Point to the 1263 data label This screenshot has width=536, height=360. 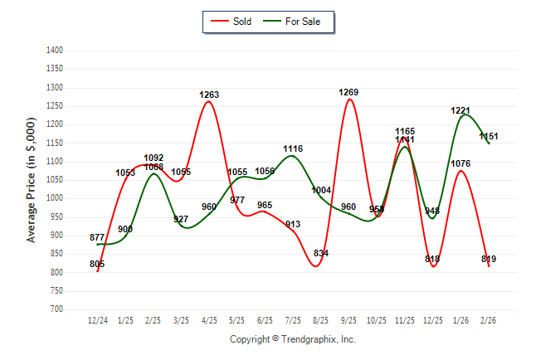(209, 95)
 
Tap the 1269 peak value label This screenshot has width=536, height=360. (348, 92)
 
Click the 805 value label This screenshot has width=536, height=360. (97, 264)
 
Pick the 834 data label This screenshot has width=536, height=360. (321, 253)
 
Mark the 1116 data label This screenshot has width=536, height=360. (293, 149)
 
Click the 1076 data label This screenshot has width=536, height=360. (460, 163)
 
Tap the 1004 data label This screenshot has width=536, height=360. (321, 190)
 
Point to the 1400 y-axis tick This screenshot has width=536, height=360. (55, 51)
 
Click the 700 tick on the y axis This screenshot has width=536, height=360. (57, 309)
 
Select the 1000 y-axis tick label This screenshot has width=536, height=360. (55, 198)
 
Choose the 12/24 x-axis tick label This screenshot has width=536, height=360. (97, 319)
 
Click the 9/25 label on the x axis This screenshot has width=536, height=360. (348, 319)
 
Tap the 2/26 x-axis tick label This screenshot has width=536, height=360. (489, 319)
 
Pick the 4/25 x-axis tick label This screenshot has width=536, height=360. (209, 319)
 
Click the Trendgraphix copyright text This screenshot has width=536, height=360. (292, 339)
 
